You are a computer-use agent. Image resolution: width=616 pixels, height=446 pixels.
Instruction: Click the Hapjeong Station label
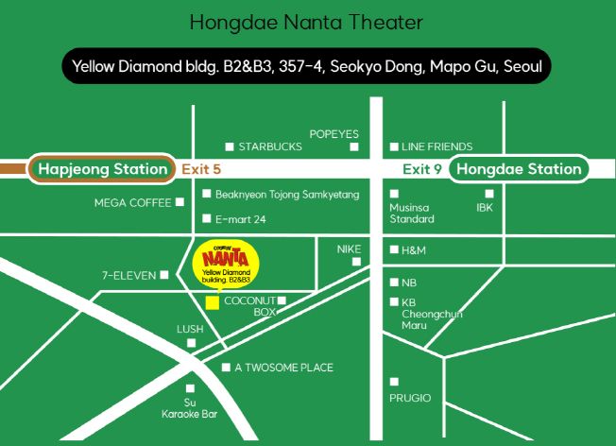click(x=102, y=169)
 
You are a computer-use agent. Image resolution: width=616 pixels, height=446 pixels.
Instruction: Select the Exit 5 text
click(x=201, y=169)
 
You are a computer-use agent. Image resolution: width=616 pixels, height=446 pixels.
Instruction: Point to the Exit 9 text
click(x=421, y=169)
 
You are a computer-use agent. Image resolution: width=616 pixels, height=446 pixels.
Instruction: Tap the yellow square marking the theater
click(x=213, y=301)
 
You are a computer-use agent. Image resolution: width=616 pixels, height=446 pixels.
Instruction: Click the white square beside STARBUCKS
click(x=229, y=146)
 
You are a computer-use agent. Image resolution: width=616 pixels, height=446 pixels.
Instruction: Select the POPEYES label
click(x=334, y=133)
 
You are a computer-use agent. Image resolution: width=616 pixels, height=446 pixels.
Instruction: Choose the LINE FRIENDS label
click(x=436, y=146)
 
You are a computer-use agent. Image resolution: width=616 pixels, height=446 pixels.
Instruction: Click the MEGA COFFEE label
click(x=132, y=202)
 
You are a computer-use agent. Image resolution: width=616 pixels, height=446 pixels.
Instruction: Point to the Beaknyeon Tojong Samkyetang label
click(x=287, y=194)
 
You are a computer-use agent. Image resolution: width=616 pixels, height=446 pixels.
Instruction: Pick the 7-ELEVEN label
click(x=129, y=276)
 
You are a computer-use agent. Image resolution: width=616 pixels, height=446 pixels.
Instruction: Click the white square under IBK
click(x=489, y=193)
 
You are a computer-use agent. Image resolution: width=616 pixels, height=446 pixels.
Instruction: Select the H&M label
click(x=415, y=249)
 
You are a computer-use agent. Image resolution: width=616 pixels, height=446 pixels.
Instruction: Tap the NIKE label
click(x=350, y=249)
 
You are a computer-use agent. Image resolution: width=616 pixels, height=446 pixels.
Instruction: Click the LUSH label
click(x=190, y=329)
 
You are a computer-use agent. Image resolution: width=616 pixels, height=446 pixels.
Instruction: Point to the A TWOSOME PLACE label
click(x=283, y=368)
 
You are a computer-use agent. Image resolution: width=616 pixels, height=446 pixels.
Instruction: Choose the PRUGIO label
click(x=410, y=398)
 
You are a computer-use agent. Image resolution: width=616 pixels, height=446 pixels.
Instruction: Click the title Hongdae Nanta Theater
click(x=307, y=21)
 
